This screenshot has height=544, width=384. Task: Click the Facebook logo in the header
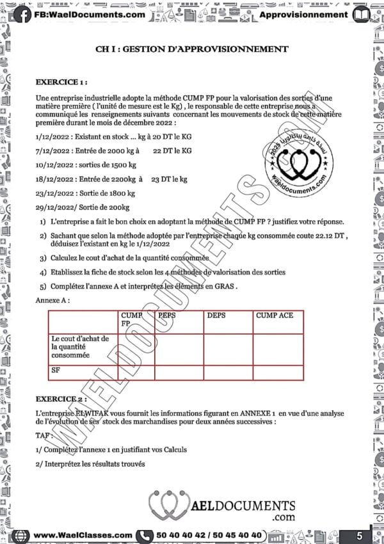click(x=23, y=13)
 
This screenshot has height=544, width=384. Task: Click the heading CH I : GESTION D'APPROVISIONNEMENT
click(x=191, y=49)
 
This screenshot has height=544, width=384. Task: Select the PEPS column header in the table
click(x=167, y=316)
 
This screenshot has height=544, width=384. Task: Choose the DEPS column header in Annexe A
click(x=217, y=316)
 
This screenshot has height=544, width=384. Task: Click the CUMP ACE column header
click(x=275, y=316)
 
